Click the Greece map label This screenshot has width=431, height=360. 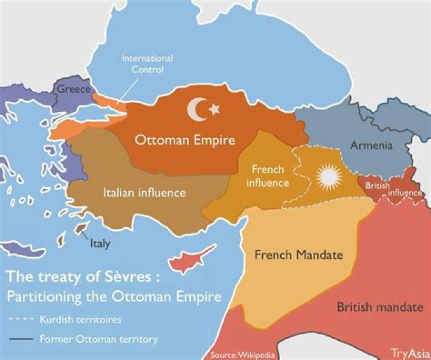74,90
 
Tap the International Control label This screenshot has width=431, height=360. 147,63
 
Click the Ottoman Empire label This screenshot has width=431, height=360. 184,141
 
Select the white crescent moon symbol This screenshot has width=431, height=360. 198,109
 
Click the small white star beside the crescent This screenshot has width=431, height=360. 214,109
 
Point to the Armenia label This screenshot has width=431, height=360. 371,145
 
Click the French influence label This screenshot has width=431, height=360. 268,176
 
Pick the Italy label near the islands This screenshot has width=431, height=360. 99,244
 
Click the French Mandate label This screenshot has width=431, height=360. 299,255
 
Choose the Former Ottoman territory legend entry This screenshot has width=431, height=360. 98,340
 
